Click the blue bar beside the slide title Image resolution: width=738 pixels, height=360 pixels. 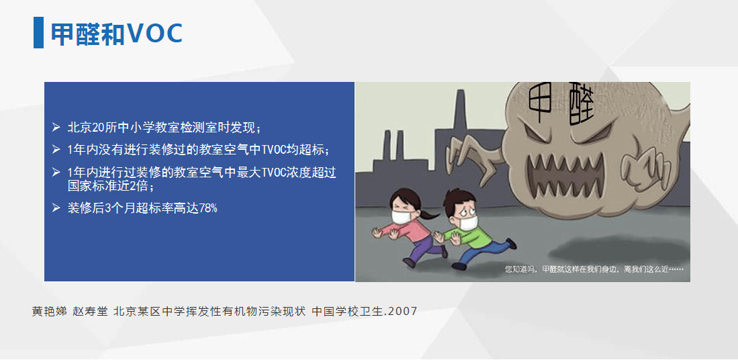coord(38,32)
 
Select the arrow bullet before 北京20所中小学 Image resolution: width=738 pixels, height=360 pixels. coord(56,127)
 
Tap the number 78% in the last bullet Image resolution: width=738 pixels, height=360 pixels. coord(208,208)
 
